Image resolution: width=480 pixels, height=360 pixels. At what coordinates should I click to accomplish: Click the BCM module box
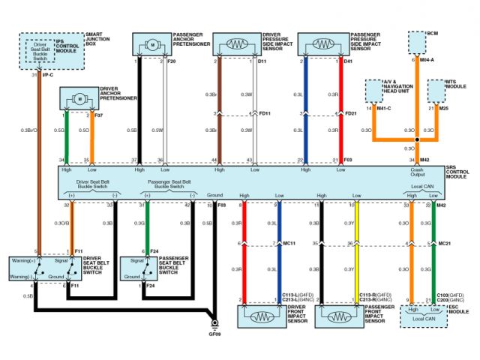pos(416,43)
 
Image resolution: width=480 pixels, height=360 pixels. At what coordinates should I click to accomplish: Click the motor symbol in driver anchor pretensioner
pos(78,98)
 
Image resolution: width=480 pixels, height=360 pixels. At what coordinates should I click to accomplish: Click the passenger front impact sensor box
pos(338,316)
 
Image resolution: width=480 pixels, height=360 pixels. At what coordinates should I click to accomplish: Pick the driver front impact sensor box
pos(260,316)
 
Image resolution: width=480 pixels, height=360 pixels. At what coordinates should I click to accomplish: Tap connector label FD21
pos(350,114)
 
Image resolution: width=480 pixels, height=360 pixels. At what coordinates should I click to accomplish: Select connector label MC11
pos(289,244)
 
